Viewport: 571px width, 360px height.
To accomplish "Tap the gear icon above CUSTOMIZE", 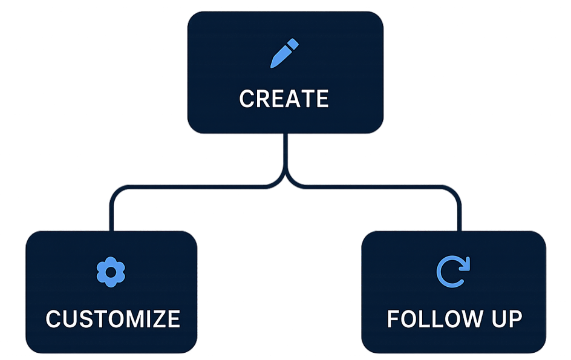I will [111, 272].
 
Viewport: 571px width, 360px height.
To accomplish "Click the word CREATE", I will [284, 99].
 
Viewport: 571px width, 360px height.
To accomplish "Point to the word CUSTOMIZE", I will [113, 319].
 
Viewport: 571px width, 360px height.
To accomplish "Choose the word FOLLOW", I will [430, 319].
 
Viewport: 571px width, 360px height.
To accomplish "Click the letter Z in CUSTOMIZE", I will [158, 319].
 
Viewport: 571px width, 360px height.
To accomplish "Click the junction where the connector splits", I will [285, 178].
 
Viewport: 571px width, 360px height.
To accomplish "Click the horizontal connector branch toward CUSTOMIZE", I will [194, 187].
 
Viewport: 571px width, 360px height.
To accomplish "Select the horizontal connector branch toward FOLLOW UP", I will [375, 187].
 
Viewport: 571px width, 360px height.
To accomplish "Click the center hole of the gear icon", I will [111, 272].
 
